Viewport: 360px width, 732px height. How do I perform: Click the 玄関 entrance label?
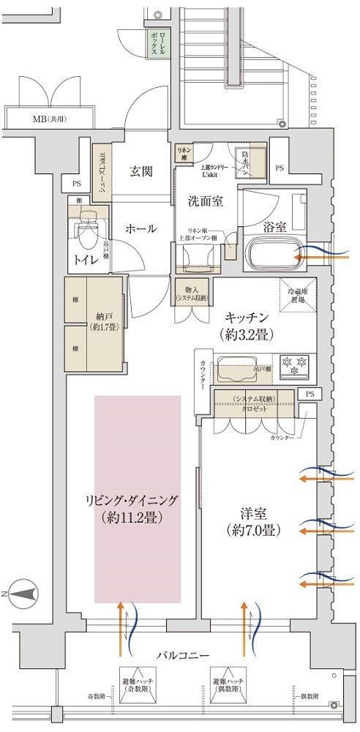(x=141, y=172)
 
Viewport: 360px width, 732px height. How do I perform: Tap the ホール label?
(x=141, y=228)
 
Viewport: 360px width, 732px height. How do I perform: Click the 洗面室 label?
(x=207, y=198)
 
